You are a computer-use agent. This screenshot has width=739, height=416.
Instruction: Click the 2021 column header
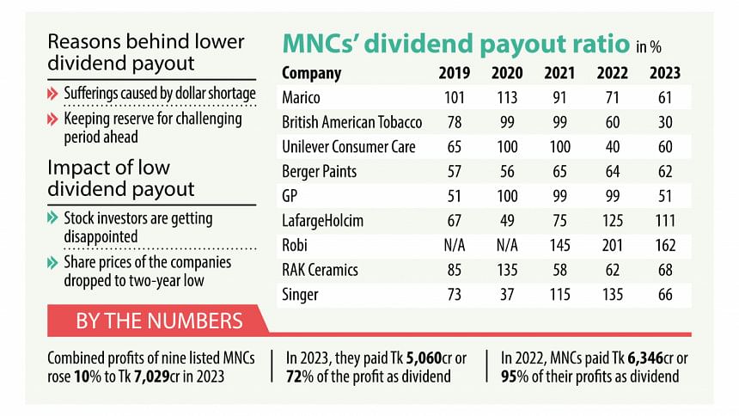(559, 73)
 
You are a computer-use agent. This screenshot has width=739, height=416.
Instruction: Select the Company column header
(311, 73)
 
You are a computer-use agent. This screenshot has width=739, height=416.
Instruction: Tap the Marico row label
(302, 98)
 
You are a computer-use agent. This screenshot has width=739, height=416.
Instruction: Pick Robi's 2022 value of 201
(612, 246)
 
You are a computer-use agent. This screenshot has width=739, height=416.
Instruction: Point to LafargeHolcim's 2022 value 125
(612, 221)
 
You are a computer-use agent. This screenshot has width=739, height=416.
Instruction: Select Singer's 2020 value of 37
(507, 295)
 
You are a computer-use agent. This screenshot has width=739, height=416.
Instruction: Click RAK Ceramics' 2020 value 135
(507, 271)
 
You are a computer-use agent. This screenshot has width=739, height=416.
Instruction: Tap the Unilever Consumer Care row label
(348, 147)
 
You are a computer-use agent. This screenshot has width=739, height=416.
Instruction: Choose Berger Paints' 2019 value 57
(455, 172)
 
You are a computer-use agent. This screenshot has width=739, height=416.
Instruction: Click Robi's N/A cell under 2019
(455, 246)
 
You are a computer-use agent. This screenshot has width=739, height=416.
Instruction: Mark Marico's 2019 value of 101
(455, 98)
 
